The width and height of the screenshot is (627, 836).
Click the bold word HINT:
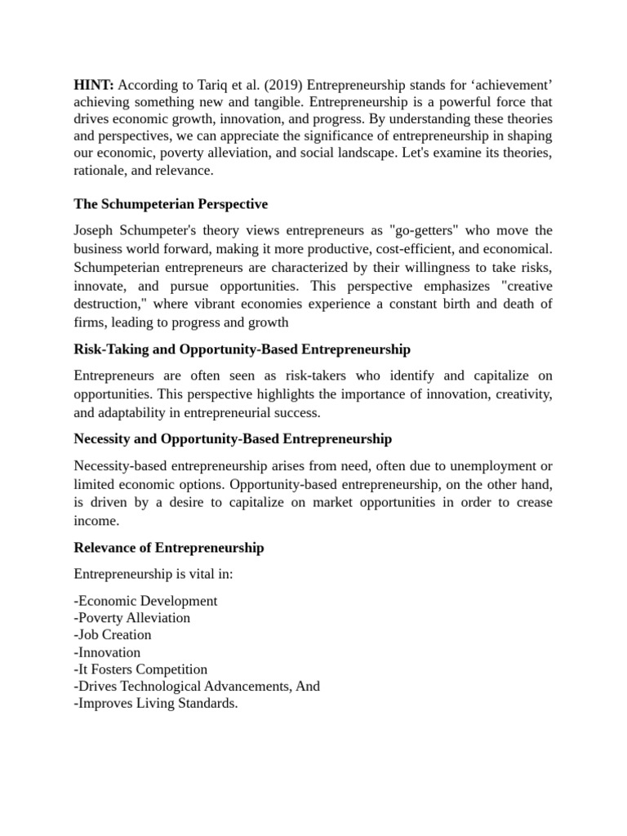pos(94,85)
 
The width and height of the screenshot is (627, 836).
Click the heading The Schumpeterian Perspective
pos(171,203)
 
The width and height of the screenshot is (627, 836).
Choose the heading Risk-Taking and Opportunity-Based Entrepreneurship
pos(242,349)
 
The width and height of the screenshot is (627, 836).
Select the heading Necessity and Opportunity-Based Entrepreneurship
pos(233,439)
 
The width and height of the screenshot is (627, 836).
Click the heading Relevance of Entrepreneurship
pos(168,548)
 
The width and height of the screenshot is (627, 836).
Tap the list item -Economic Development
pos(145,601)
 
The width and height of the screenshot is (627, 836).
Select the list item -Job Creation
pos(113,634)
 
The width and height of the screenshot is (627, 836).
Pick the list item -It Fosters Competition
pos(140,669)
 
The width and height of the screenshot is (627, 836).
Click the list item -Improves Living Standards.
pos(155,703)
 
